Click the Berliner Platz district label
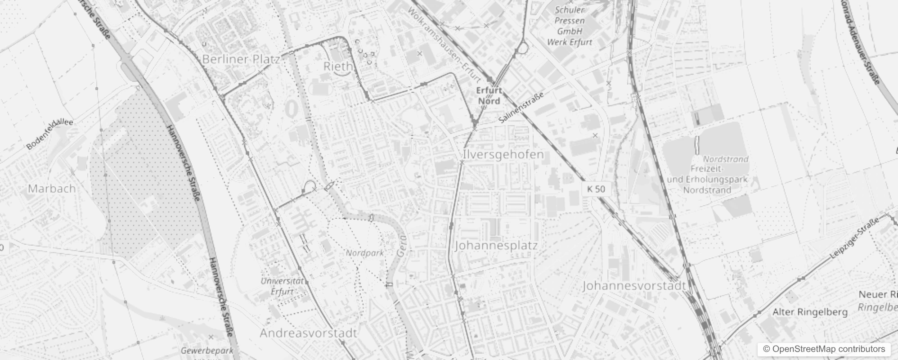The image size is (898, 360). coord(241,59)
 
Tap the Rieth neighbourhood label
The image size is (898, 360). coord(338,66)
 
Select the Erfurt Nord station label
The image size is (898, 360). coord(489,95)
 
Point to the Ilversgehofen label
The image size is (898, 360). coord(503,154)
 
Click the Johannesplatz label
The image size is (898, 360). coord(496,246)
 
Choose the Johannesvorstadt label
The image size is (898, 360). coord(634,285)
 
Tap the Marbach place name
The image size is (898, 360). coord(52,189)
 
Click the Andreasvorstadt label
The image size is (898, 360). coord(308,333)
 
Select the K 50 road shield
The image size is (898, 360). coord(596,189)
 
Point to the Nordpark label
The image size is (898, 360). coord(365,253)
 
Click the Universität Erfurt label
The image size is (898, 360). coord(283,286)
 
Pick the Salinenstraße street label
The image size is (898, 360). coord(521,108)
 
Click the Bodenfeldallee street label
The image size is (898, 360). coord(49,134)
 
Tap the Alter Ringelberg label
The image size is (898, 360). coord(810,312)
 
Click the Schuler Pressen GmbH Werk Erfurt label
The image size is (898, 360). coord(570,26)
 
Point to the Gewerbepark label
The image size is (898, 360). coord(207,351)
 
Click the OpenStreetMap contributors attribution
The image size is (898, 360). coord(824,349)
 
